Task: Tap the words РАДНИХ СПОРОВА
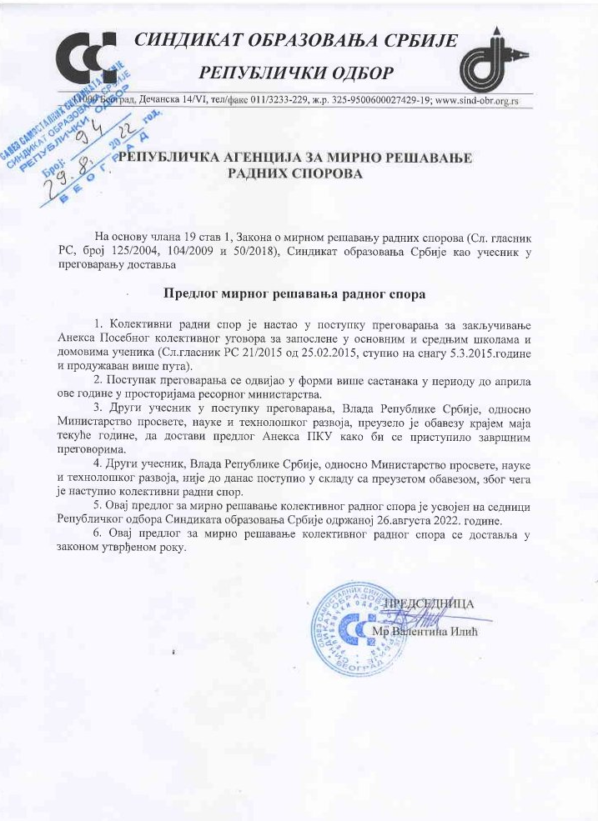click(x=297, y=175)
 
